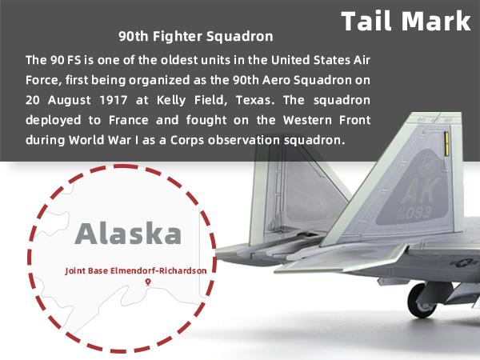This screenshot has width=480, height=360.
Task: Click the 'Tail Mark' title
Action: click(406, 21)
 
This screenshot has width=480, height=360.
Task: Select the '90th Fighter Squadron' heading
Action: click(196, 37)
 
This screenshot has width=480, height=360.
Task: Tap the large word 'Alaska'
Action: click(128, 234)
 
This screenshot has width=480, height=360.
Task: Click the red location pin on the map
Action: click(148, 282)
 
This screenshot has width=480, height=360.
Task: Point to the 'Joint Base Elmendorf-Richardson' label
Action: click(136, 271)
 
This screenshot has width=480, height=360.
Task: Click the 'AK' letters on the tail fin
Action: click(420, 190)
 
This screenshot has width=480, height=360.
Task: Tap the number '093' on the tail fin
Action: click(418, 212)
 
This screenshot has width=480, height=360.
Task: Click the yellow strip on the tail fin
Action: click(446, 143)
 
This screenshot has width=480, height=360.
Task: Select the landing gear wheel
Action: click(422, 300)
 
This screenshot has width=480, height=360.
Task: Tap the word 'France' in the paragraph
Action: click(129, 120)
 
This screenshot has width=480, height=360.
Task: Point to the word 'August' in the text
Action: click(69, 101)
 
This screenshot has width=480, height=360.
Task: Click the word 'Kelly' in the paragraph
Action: click(171, 100)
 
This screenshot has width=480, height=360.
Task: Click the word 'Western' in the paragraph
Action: click(308, 120)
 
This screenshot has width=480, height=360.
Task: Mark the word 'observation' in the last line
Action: click(244, 140)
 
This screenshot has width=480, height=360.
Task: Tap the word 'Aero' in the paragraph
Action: click(277, 80)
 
